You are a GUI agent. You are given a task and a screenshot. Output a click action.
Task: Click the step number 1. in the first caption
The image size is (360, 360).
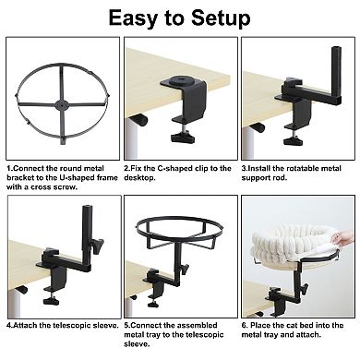coord(9,169)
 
